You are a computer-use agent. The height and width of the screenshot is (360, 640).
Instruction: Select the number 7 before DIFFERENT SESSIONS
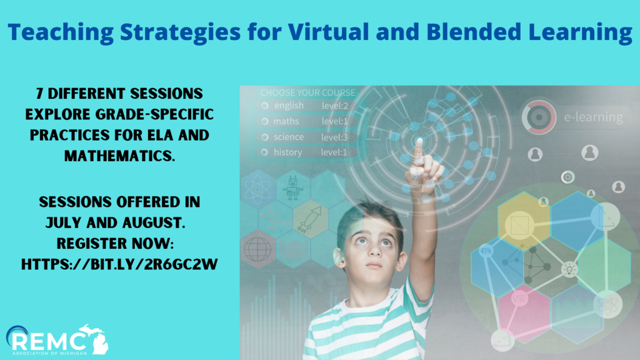pos(39,94)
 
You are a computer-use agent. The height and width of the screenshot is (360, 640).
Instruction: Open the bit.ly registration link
pos(119,264)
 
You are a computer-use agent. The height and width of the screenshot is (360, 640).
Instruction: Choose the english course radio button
pos(265,106)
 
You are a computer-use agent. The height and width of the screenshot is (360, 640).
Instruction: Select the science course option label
pos(289,137)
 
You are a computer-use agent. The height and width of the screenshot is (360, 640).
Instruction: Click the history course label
pos(287,152)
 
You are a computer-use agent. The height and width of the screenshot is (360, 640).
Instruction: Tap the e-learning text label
pos(594,117)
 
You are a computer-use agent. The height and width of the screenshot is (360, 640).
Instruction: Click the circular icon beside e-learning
pos(539,117)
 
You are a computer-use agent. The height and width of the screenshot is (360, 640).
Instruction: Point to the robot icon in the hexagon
pos(292,188)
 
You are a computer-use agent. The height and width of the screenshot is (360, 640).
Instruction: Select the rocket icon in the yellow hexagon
pos(310,219)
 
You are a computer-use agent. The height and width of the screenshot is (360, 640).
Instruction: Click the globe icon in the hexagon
pos(257,249)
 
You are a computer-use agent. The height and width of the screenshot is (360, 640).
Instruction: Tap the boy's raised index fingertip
pos(419,142)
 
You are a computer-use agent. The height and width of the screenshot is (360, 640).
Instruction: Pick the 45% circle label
pos(486,250)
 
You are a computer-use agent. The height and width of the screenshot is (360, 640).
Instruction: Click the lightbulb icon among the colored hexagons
pos(569,269)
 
